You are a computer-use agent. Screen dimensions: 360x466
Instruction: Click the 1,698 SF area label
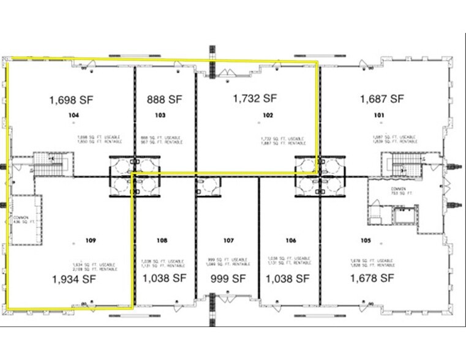tap(72, 99)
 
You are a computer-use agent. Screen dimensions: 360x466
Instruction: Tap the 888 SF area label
tap(165, 99)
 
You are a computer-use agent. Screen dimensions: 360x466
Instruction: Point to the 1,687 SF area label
tap(381, 99)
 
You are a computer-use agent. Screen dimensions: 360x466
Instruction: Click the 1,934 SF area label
tap(72, 279)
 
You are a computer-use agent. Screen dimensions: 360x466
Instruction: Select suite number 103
tap(160, 115)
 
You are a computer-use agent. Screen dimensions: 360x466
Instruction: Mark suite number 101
tap(379, 115)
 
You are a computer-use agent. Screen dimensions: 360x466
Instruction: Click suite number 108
tap(162, 241)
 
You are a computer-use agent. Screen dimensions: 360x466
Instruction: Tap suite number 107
tap(228, 241)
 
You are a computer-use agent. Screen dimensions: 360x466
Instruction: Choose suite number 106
tap(291, 241)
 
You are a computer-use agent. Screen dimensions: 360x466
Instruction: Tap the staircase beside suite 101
tap(401, 163)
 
